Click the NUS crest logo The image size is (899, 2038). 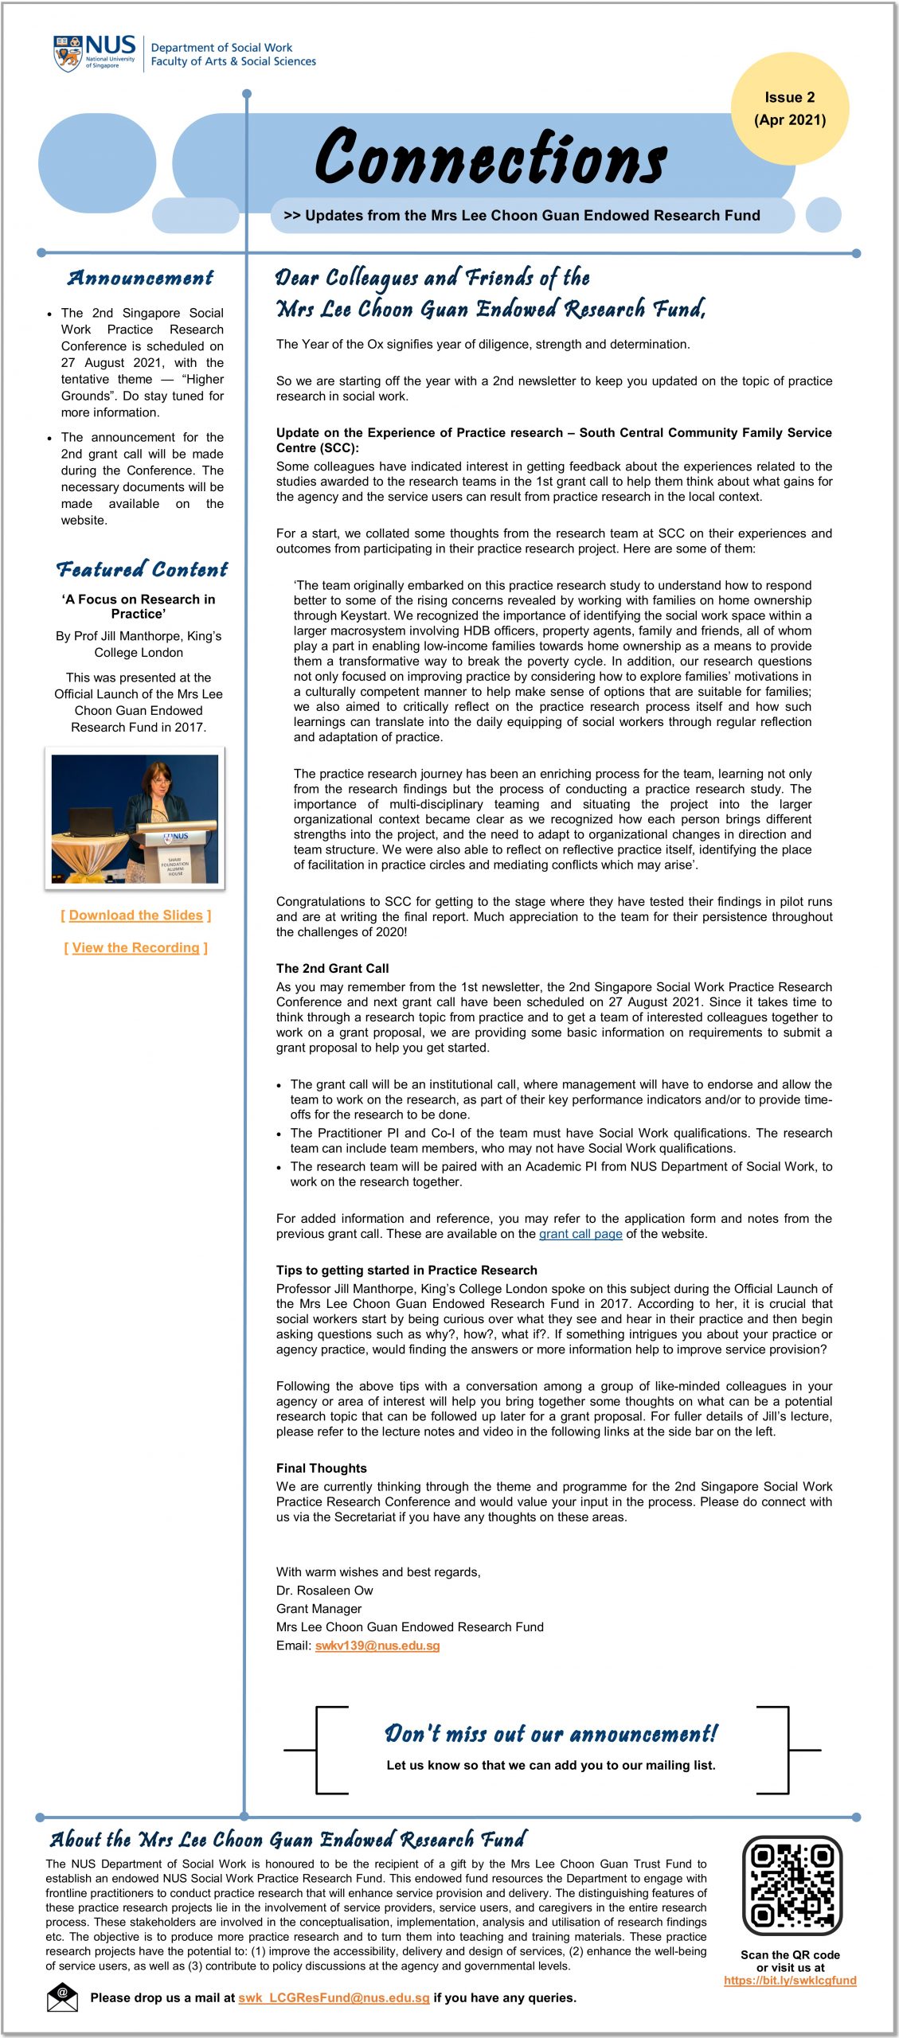pyautogui.click(x=68, y=54)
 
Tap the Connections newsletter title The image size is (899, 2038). pyautogui.click(x=491, y=158)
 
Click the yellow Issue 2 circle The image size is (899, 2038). pyautogui.click(x=789, y=108)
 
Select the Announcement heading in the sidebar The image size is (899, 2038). pyautogui.click(x=140, y=278)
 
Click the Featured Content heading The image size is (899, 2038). pyautogui.click(x=142, y=569)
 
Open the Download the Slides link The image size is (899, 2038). pyautogui.click(x=136, y=916)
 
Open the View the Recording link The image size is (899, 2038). pyautogui.click(x=136, y=947)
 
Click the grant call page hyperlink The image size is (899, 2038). pyautogui.click(x=580, y=1234)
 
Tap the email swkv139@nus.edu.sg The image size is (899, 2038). pyautogui.click(x=377, y=1646)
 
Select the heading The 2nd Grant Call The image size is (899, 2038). pyautogui.click(x=332, y=968)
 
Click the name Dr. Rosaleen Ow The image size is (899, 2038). pyautogui.click(x=324, y=1591)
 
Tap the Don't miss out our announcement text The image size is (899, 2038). pyautogui.click(x=550, y=1733)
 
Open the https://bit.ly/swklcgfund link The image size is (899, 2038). pyautogui.click(x=790, y=1980)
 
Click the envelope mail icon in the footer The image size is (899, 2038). pyautogui.click(x=62, y=1997)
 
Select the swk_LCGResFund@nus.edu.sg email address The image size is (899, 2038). pyautogui.click(x=334, y=1997)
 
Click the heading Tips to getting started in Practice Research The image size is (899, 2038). pyautogui.click(x=406, y=1270)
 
